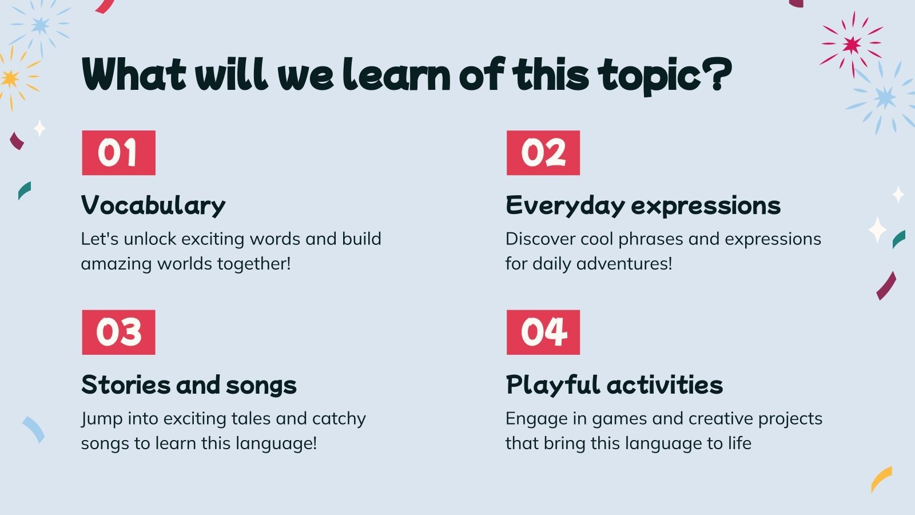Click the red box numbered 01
(x=118, y=153)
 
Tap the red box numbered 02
(x=543, y=153)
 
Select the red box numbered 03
(x=118, y=332)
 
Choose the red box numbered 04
(x=543, y=332)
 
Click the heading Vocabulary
(x=153, y=205)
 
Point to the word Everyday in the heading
(x=566, y=205)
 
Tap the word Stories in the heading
(x=126, y=385)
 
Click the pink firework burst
(x=852, y=45)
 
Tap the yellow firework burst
(x=11, y=78)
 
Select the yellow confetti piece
(x=881, y=479)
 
